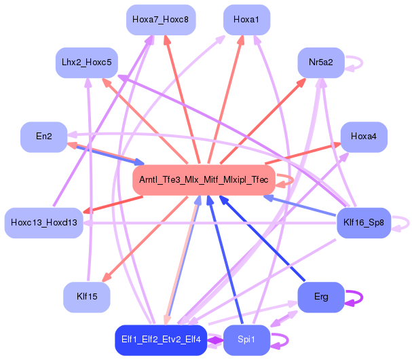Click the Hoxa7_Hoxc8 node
161,20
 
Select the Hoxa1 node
246,20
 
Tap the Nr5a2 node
320,62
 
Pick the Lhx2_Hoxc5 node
86,62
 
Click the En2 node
43,137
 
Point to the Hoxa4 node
364,137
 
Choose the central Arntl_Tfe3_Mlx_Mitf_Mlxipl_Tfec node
203,180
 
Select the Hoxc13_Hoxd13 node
43,223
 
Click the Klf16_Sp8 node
364,223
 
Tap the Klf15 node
86,297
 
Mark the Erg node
320,297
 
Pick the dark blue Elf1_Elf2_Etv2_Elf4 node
161,340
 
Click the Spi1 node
246,340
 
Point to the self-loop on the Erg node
354,297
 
